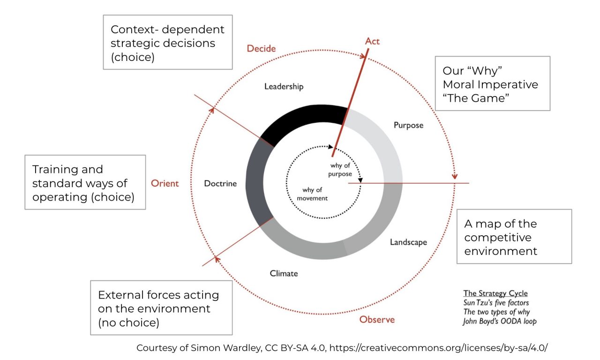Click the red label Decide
[x=261, y=48]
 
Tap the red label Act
[x=372, y=41]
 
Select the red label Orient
[x=165, y=183]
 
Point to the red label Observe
[x=377, y=320]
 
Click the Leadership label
[x=284, y=86]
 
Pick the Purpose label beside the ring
[x=408, y=125]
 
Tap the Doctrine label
[x=220, y=183]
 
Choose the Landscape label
[x=408, y=242]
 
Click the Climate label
[x=284, y=273]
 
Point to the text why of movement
[x=312, y=194]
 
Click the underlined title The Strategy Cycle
[x=495, y=293]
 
